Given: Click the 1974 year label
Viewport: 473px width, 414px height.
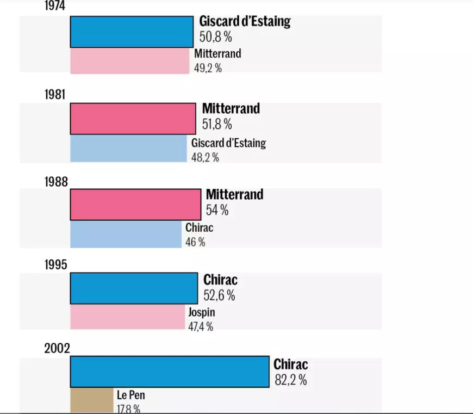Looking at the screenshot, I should tap(55, 5).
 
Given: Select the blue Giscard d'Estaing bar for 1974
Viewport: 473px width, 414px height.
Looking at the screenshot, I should tap(132, 32).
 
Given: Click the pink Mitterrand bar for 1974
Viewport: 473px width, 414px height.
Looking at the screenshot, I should tap(131, 61).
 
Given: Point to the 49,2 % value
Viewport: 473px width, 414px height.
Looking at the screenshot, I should tap(208, 68).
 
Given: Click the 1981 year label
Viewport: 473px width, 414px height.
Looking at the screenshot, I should tap(55, 94).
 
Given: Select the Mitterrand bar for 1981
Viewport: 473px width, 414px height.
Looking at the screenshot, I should tap(133, 118).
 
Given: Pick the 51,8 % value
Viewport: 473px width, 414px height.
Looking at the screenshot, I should tap(217, 124).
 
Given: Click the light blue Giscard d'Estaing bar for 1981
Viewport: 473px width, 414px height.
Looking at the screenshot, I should tap(128, 148).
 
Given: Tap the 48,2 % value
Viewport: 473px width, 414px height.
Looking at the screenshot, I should tap(205, 158).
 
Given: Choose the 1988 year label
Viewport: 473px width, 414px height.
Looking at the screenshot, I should tap(56, 182).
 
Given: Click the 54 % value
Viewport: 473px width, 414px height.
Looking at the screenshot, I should tap(217, 210).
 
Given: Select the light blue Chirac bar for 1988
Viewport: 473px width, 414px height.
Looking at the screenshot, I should tap(126, 234).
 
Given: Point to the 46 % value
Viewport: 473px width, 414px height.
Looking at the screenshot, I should tap(195, 242).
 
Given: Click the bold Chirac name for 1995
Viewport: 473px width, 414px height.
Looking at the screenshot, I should tap(220, 280).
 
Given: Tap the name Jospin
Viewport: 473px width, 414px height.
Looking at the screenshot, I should tap(202, 313).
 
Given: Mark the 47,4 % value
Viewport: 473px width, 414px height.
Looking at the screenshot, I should tap(201, 326).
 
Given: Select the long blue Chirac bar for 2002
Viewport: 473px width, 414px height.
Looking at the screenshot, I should tap(170, 372).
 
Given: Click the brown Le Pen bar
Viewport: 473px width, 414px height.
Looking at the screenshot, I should tap(91, 400).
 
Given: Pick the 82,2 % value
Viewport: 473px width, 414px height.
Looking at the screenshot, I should tap(290, 380).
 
